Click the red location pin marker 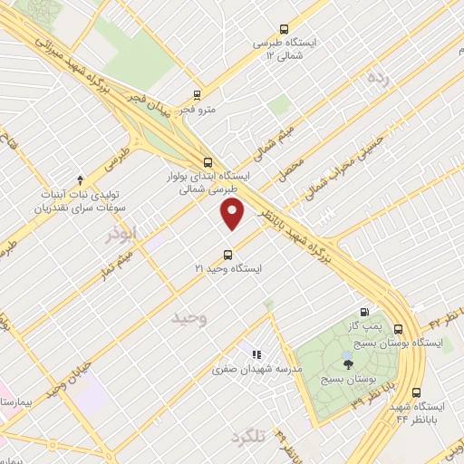(233, 214)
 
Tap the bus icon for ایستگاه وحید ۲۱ (227, 254)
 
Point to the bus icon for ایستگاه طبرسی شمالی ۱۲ (284, 28)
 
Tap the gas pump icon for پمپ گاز (365, 308)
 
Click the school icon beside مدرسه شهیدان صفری (256, 353)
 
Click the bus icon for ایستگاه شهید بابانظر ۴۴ (416, 393)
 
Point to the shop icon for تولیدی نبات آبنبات (80, 179)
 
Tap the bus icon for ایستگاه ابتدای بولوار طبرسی (209, 163)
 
